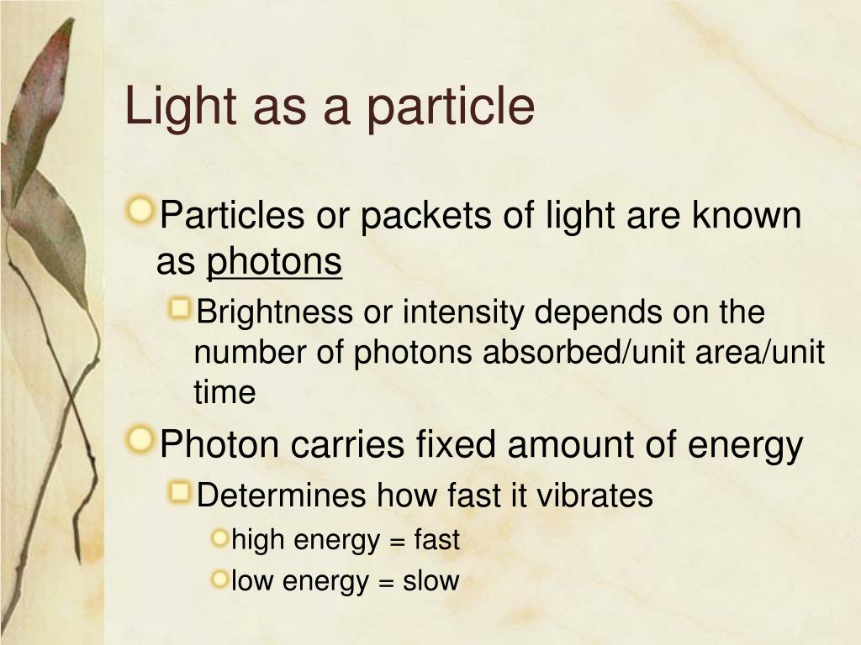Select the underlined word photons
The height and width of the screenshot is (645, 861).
[274, 263]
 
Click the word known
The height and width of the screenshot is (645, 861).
[747, 216]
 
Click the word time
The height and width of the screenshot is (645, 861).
[224, 393]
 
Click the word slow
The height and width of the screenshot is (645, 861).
[431, 580]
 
